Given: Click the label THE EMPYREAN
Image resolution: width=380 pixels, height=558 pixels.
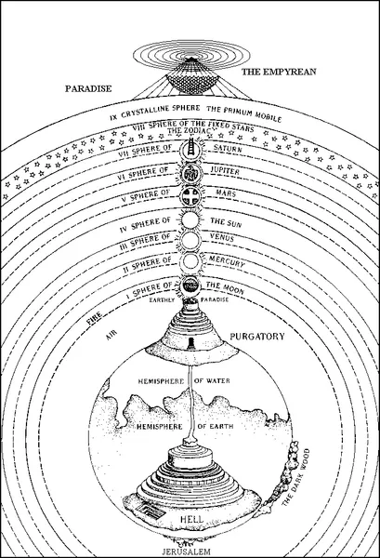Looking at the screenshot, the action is click(279, 72).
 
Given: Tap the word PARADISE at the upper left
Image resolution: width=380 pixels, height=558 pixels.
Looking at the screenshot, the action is click(88, 88).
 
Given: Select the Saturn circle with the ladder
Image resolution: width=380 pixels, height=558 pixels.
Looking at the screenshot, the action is click(191, 150).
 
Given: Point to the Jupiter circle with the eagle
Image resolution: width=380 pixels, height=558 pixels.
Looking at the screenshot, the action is click(191, 173).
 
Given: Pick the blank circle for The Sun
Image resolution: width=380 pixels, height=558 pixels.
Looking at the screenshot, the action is click(191, 220).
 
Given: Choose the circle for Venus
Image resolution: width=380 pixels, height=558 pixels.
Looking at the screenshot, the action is click(191, 241).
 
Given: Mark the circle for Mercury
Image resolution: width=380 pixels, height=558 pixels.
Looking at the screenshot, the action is click(191, 262).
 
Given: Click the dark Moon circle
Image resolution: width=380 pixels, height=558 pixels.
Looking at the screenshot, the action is click(191, 286).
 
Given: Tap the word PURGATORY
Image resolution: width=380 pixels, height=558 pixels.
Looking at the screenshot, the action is click(257, 337).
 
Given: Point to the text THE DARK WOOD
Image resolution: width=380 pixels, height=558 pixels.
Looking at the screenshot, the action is click(295, 478).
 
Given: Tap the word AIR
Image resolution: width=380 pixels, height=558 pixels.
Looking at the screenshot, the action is click(111, 335).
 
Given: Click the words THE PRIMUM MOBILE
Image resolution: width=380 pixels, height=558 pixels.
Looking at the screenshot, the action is click(243, 113).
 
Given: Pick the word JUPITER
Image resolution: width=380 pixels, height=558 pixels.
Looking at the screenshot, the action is click(226, 170).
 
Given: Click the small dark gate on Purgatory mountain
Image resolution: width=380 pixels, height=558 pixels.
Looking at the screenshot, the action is click(191, 343).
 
